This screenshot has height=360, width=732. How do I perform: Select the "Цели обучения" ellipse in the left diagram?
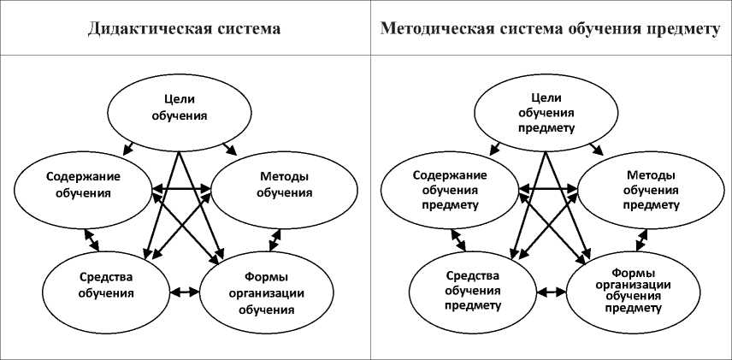(x=179, y=108)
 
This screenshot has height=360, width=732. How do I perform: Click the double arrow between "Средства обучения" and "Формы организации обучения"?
(x=184, y=292)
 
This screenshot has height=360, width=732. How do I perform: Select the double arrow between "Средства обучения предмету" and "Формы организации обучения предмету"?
(x=551, y=292)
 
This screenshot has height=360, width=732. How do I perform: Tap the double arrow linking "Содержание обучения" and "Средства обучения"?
(x=91, y=239)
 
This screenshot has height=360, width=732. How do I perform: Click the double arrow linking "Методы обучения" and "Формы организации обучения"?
(x=275, y=239)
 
